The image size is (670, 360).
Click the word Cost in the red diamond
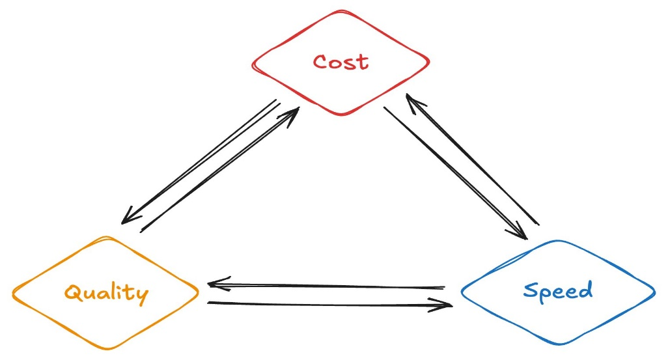pos(341,62)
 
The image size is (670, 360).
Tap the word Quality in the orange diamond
pos(106,292)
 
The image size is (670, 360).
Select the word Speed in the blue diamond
pos(558,290)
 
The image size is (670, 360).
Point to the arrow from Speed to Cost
pos(472,159)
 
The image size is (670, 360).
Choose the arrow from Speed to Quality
pos(326,285)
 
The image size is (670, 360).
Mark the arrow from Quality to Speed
pos(329,303)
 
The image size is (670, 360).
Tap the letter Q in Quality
pos(72,292)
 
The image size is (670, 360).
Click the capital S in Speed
pos(531,290)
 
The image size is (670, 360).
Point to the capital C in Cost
pos(319,62)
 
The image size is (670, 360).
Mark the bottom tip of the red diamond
pos(339,115)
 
